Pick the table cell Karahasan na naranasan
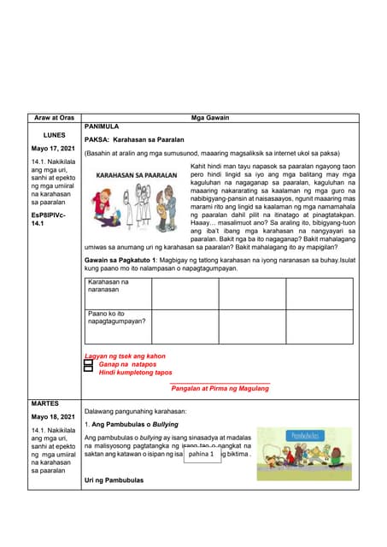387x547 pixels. [117, 286]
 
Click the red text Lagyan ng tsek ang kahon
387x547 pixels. [125, 356]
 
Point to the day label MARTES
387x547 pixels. [44, 401]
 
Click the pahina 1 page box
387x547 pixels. [202, 455]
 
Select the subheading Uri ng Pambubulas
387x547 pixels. [114, 480]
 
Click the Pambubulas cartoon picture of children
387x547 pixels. [304, 454]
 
